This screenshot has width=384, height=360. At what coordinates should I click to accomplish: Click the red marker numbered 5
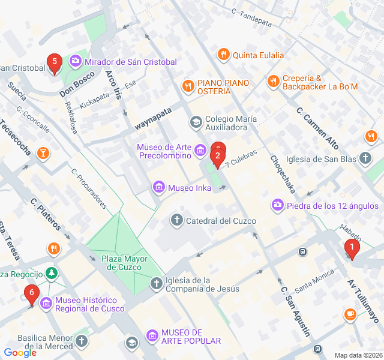click(x=55, y=62)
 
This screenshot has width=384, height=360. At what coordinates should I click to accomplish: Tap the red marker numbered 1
click(x=352, y=247)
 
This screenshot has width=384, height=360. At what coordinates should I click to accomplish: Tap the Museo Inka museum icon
click(x=159, y=188)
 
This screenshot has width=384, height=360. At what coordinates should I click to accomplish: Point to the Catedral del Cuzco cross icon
click(x=177, y=221)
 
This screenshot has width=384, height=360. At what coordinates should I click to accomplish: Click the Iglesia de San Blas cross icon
click(x=365, y=158)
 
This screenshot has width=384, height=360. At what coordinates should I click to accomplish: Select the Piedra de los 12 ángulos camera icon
click(x=278, y=206)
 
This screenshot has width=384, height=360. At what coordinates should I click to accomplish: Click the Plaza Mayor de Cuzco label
click(x=124, y=263)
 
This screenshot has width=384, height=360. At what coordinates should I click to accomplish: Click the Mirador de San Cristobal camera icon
click(x=76, y=61)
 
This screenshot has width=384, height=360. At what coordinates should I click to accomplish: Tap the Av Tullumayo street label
click(x=364, y=300)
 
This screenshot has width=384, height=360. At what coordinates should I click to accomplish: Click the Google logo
click(x=20, y=352)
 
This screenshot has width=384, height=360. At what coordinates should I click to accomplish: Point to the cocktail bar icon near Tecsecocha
click(x=43, y=153)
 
